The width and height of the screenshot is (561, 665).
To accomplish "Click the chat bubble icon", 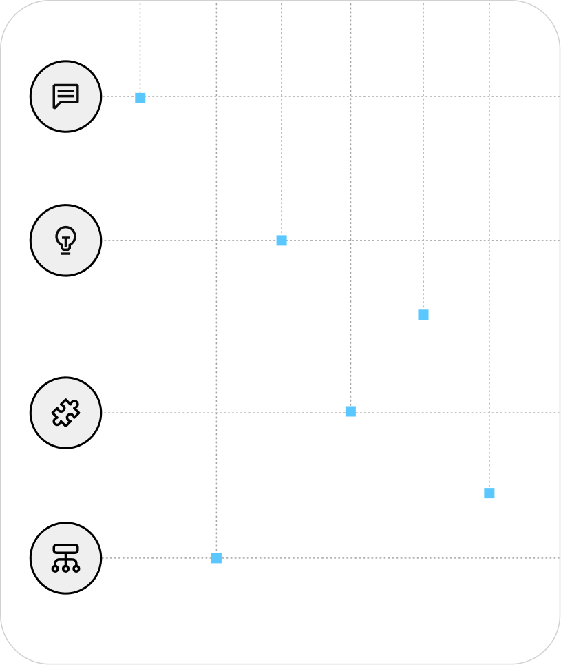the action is [65, 96].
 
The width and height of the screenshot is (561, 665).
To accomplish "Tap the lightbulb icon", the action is [65, 240].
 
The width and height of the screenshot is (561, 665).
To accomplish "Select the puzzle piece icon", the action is [65, 413].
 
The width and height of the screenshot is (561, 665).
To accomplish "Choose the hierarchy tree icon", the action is [65, 558].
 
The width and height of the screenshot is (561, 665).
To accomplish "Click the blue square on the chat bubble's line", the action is [140, 98].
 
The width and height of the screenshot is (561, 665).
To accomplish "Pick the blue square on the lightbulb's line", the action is [282, 241].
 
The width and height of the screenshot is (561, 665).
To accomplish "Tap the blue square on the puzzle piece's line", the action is [350, 411].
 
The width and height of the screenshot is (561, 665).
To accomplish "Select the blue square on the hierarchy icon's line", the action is [216, 558].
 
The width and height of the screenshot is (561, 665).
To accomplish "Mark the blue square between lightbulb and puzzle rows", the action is [423, 315].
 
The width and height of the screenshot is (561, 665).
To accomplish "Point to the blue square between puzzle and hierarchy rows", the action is [489, 493].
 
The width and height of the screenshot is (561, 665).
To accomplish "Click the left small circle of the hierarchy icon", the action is [55, 569].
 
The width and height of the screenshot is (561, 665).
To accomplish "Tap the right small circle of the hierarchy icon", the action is [76, 569].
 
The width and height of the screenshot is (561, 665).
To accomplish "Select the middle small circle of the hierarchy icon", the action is [65, 569].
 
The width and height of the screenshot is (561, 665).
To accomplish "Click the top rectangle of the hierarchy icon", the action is [65, 549].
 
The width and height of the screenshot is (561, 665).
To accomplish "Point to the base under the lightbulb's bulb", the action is [65, 252].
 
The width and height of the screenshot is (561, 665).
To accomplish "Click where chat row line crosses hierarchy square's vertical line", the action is [216, 96].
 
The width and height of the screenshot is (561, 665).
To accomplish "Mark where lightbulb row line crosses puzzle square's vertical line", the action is [350, 241].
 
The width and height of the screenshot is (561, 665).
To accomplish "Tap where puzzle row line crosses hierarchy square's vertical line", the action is [216, 413].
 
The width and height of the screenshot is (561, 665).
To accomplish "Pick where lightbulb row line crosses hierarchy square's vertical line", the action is [216, 241].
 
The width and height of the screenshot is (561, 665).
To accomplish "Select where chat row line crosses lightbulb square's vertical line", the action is [282, 96].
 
